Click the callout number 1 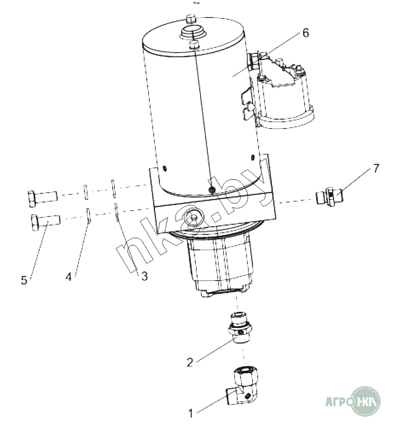coord(191,413)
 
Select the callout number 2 coord(190,362)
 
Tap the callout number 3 coord(144,276)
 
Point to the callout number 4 coord(68,276)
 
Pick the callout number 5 coord(24,280)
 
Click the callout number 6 coord(306,33)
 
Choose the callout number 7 coord(376,168)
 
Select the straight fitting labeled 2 coord(240,328)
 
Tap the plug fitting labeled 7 coord(330,197)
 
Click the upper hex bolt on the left coord(43,198)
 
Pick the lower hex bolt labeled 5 coord(46,221)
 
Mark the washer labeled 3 coord(117,213)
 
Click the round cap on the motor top coord(193,33)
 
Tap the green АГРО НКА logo coord(353,401)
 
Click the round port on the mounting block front coord(194,218)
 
